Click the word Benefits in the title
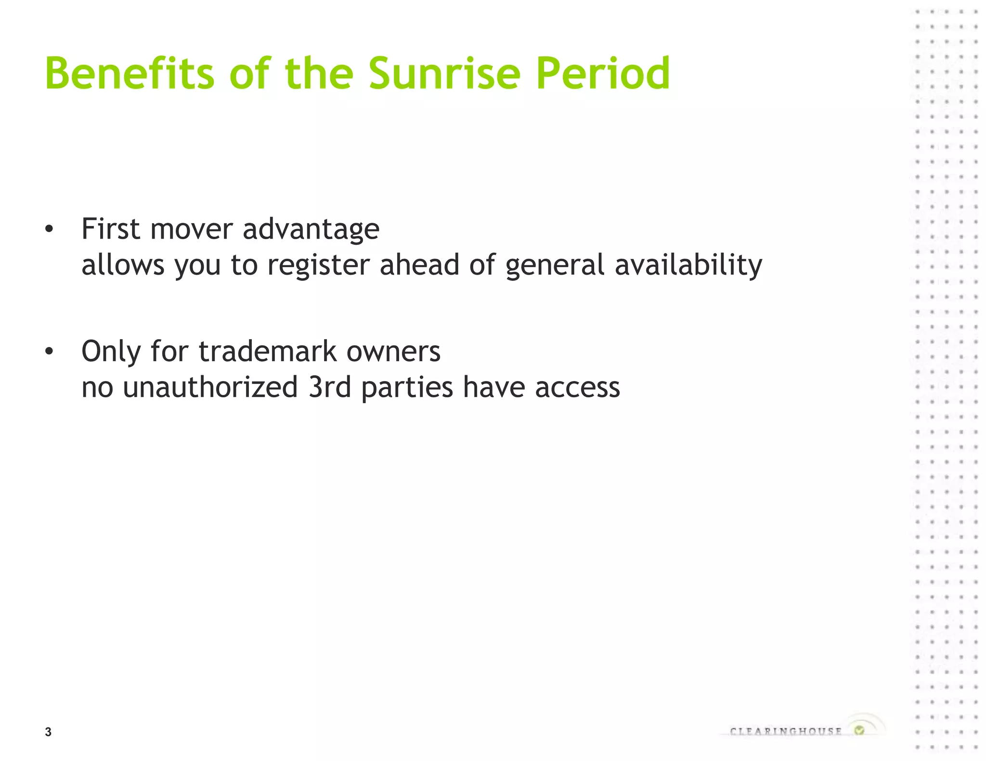(x=129, y=73)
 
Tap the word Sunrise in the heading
(x=444, y=73)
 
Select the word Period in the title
(x=603, y=73)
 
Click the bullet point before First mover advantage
(x=49, y=229)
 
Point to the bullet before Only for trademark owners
(x=49, y=352)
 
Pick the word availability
(x=688, y=266)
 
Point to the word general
(x=555, y=266)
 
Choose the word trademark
(x=267, y=351)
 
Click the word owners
(x=393, y=352)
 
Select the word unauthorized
(x=210, y=387)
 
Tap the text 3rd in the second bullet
(x=330, y=387)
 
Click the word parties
(x=407, y=388)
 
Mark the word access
(x=577, y=388)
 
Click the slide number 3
(x=48, y=732)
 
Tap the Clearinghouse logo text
(x=786, y=732)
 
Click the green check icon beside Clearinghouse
(x=859, y=730)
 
